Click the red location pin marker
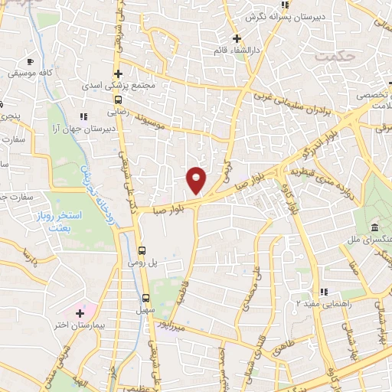click(196, 179)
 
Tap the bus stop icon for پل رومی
click(142, 250)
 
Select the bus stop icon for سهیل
click(145, 298)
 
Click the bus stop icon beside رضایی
click(118, 100)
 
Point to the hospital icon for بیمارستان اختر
click(80, 312)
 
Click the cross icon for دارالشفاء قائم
click(237, 38)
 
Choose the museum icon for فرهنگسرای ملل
click(374, 228)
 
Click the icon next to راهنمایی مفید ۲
click(324, 291)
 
